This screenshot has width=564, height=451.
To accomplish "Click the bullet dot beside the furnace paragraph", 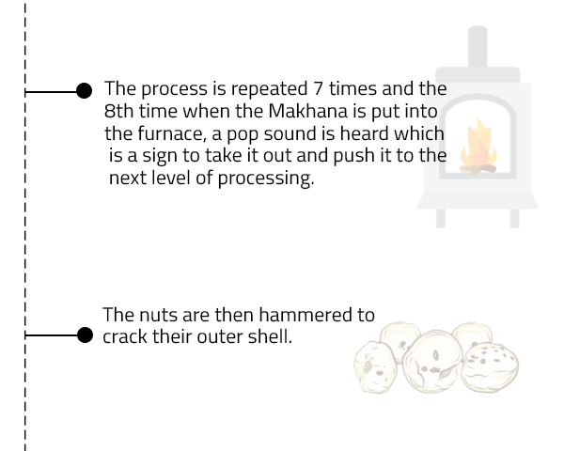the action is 85,90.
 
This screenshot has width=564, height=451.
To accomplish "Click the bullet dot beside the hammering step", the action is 85,335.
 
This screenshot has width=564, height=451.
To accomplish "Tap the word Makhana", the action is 308,111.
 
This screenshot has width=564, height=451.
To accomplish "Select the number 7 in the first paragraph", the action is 318,88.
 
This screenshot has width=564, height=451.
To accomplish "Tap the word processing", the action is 266,179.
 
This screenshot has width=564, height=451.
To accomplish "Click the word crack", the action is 125,337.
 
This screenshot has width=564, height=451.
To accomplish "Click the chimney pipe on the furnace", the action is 478,47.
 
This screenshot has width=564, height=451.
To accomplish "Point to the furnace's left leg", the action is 441,218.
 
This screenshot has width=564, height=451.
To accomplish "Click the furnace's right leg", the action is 515,218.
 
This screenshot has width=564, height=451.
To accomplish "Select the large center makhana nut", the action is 432,361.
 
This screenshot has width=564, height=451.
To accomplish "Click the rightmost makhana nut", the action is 490,366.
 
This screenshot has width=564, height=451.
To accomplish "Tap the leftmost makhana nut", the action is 375,366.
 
